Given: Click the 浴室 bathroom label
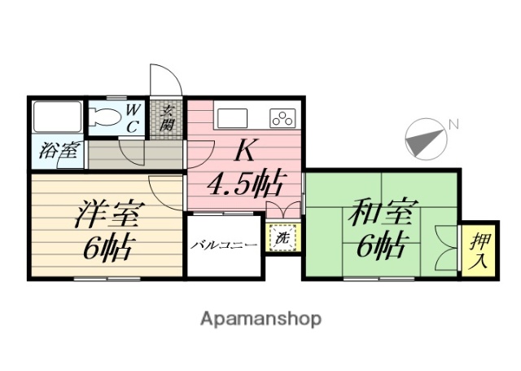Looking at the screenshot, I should click(x=57, y=151).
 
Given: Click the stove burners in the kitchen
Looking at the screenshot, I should click(x=282, y=117).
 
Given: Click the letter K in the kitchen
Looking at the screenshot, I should click(x=245, y=152).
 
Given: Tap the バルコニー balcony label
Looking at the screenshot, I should click(x=225, y=244).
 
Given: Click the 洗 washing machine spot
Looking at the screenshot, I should click(x=281, y=239).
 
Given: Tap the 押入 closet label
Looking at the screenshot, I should click(x=479, y=250).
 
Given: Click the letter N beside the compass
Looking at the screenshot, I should click(x=453, y=124).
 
